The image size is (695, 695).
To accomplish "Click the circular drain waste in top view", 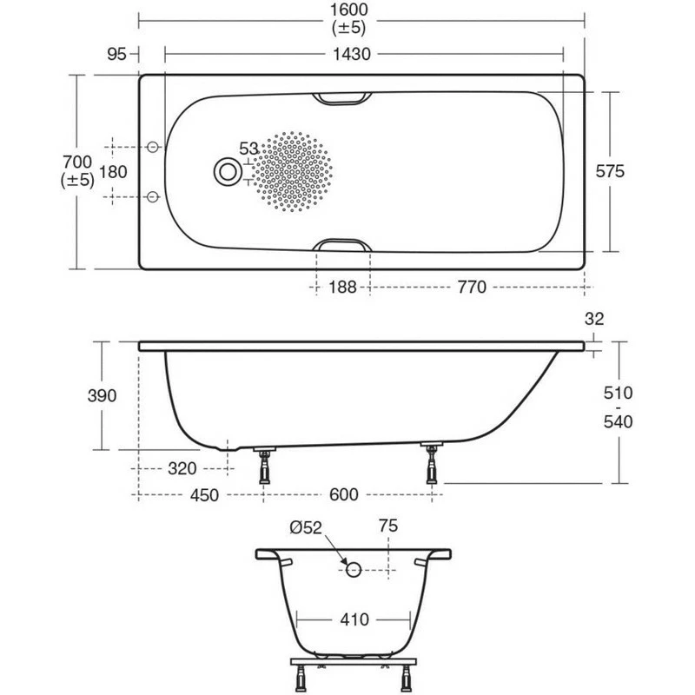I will tap(228, 171).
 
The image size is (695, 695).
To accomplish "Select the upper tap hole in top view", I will tap(154, 147).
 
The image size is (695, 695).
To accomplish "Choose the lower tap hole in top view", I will tap(154, 196).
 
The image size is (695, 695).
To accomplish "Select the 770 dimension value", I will tap(470, 288).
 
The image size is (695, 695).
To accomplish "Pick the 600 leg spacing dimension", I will tap(345, 495).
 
